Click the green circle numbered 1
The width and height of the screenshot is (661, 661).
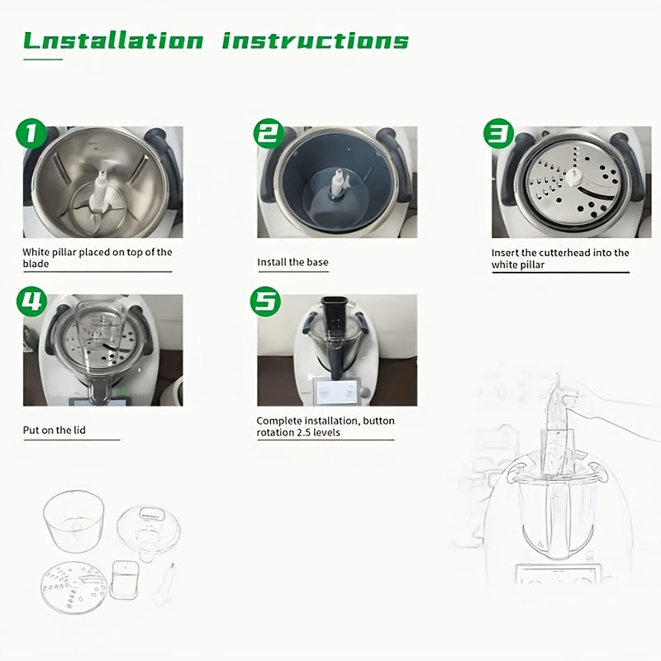tap(31, 134)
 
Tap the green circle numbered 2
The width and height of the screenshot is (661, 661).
tap(269, 134)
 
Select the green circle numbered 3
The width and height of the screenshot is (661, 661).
tap(499, 134)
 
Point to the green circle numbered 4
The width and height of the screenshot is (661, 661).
tap(31, 302)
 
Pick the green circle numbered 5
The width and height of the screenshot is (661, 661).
tap(265, 302)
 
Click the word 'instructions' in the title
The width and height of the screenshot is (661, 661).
tap(316, 40)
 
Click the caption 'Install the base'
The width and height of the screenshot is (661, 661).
tap(292, 262)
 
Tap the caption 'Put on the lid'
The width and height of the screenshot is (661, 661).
tap(54, 430)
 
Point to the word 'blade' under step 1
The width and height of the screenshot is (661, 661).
tap(36, 264)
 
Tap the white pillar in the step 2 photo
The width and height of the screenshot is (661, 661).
tap(338, 183)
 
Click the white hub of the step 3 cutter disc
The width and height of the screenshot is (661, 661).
tap(573, 177)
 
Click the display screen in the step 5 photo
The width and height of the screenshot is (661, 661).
tap(336, 392)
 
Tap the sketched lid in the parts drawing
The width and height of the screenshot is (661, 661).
tap(149, 533)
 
